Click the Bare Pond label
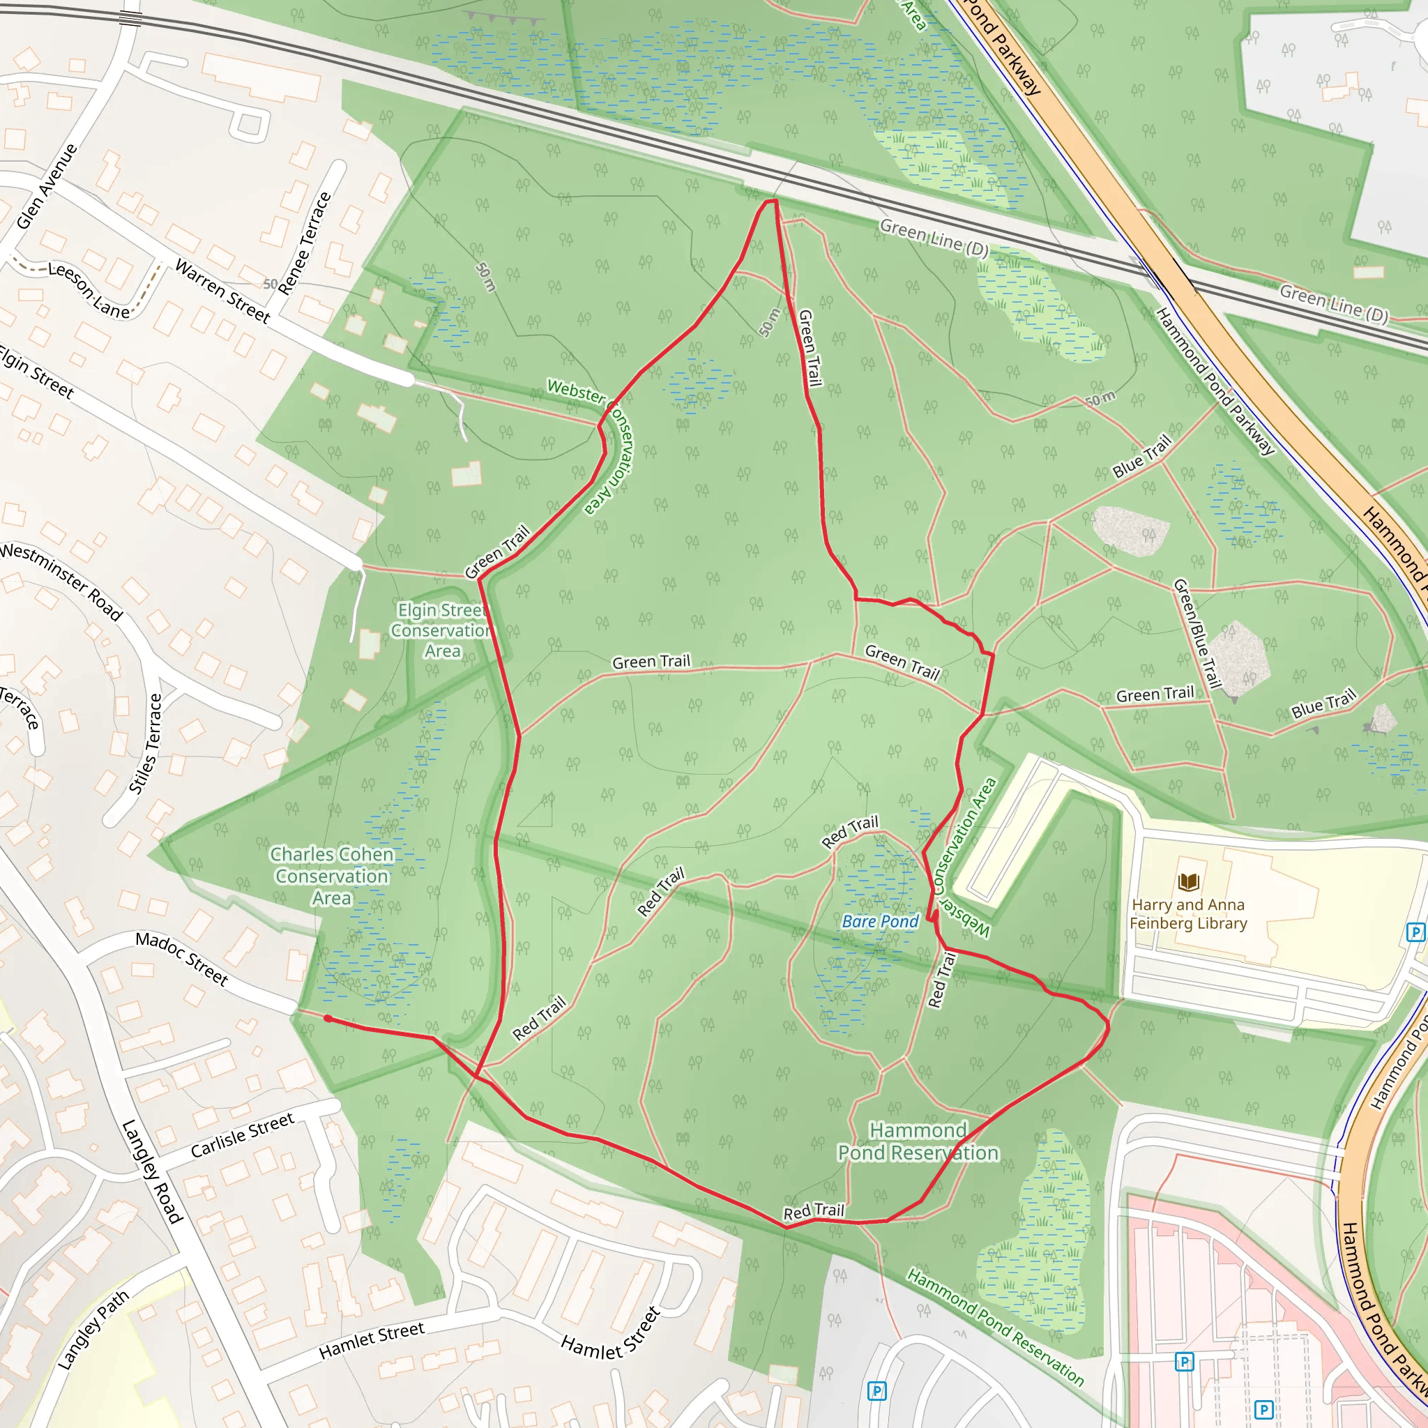(879, 922)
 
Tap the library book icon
(1189, 882)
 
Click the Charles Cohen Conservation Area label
(332, 876)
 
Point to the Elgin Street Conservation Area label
(441, 630)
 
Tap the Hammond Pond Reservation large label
(918, 1142)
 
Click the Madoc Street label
(182, 959)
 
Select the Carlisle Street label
(243, 1135)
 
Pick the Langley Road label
(151, 1171)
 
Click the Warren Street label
(222, 291)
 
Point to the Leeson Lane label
(89, 290)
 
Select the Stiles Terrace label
(146, 743)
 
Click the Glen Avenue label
(47, 186)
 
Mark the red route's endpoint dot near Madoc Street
(328, 1019)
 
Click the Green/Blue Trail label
(1195, 632)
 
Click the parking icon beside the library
(1415, 932)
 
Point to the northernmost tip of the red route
(774, 200)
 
